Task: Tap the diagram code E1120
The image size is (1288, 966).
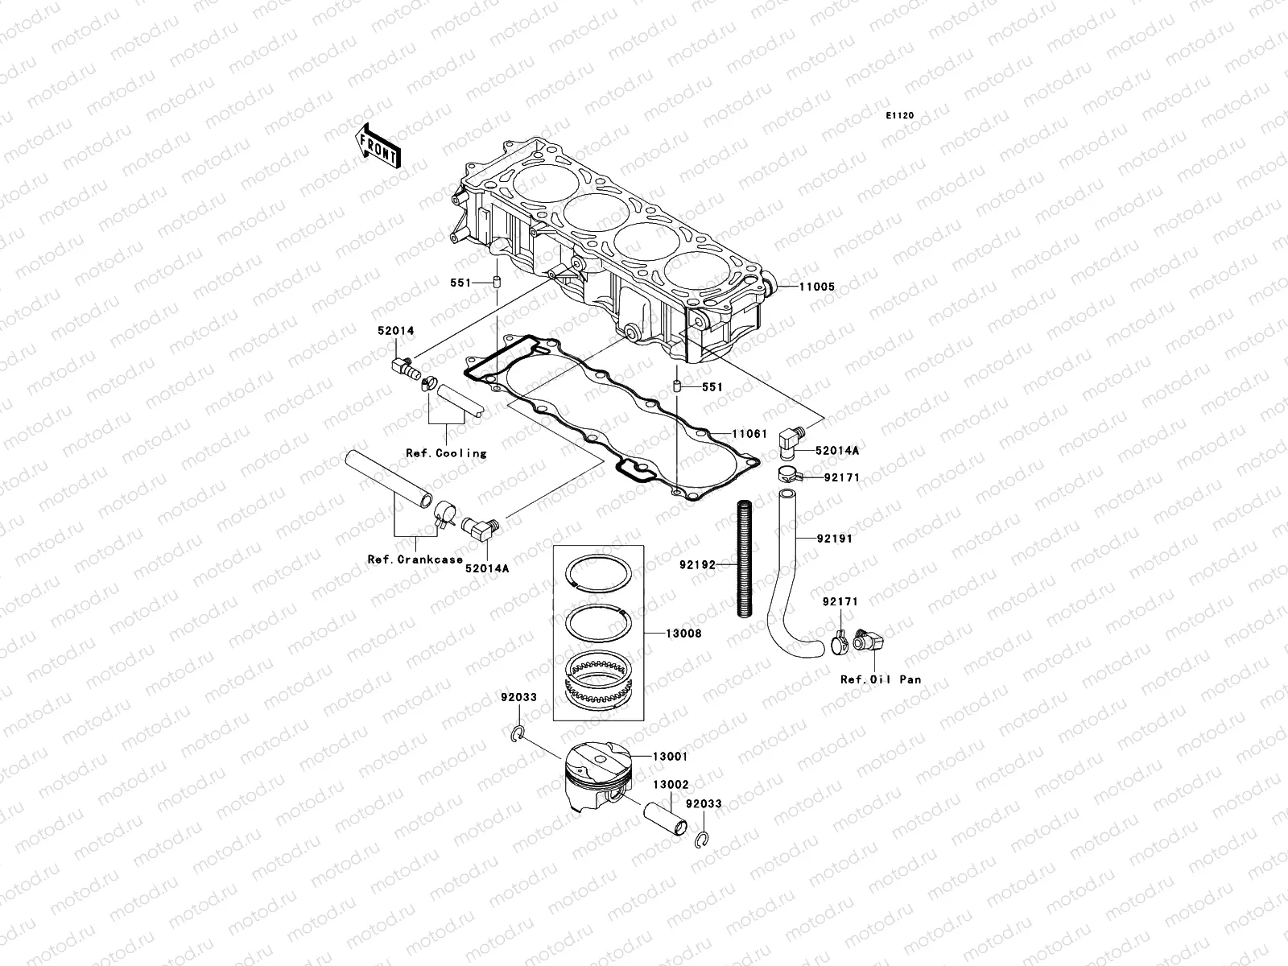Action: tap(900, 116)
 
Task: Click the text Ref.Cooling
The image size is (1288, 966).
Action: tap(446, 453)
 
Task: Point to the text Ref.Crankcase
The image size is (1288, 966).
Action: tap(415, 559)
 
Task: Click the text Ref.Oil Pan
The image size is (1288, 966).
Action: tap(881, 679)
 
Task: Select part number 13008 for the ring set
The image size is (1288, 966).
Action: tap(683, 634)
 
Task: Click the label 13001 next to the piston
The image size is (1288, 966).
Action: tap(670, 757)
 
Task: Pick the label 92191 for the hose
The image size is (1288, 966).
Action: tap(834, 539)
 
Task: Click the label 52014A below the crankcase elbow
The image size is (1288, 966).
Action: tap(486, 568)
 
